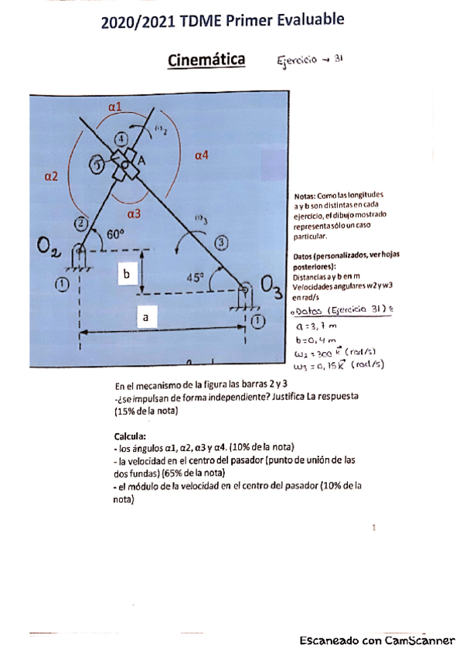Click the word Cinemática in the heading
click(x=206, y=60)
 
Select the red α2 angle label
click(x=51, y=176)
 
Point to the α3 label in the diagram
click(x=133, y=213)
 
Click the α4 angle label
click(x=202, y=155)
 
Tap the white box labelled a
click(x=143, y=316)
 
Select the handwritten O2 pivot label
click(x=48, y=248)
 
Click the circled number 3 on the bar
click(x=221, y=243)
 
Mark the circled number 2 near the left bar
click(x=81, y=224)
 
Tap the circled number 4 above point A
click(x=121, y=138)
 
